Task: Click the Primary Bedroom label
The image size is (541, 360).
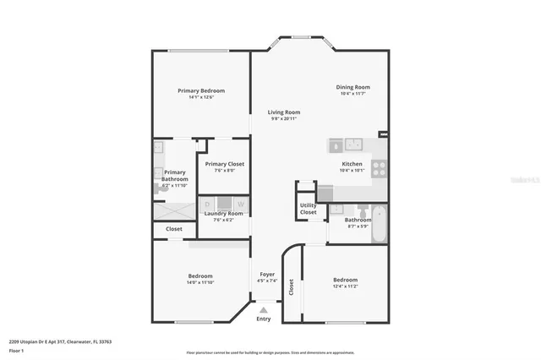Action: tap(201, 90)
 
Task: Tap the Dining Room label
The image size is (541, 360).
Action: tap(353, 87)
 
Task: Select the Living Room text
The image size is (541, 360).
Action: tap(284, 112)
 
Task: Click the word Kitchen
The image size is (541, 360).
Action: tap(352, 164)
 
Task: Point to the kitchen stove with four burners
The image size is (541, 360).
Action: tap(380, 168)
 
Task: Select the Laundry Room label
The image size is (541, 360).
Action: tap(224, 213)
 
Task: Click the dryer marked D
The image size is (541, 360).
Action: tap(208, 204)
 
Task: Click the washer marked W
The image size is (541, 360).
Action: tap(241, 204)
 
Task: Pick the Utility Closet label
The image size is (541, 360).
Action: tap(309, 209)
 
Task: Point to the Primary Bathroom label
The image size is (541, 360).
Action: tap(175, 176)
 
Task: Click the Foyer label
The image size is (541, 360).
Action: tap(267, 275)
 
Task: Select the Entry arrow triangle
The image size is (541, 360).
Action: tap(264, 310)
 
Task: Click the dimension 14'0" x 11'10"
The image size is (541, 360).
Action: tap(200, 282)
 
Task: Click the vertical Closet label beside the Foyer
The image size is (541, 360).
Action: tap(292, 287)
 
